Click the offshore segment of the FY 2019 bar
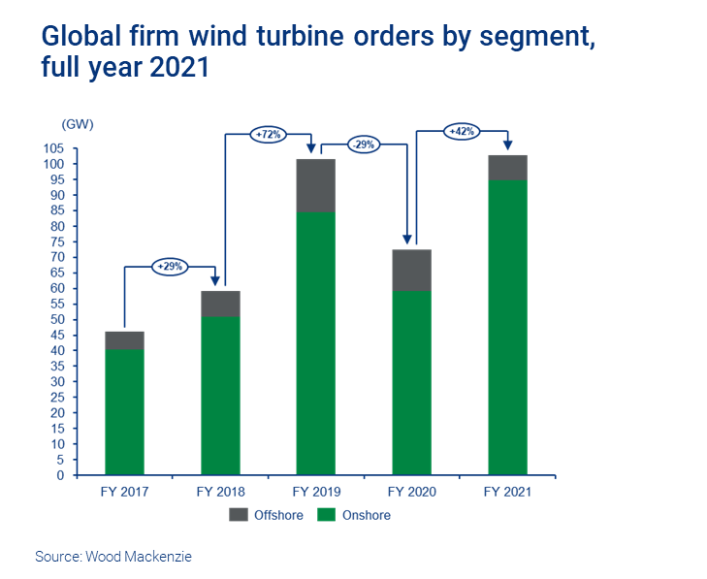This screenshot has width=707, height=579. (315, 185)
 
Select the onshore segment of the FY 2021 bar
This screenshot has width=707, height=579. (507, 327)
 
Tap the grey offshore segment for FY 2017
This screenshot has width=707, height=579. (124, 339)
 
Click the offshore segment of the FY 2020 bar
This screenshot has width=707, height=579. (411, 270)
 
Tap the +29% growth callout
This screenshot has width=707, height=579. (170, 266)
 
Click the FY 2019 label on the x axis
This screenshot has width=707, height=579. (315, 493)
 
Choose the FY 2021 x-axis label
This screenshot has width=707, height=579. (507, 493)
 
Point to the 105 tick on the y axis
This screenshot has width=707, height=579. (79, 148)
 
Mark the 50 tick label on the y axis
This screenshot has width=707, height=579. (82, 319)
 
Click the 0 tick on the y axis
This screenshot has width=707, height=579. (86, 475)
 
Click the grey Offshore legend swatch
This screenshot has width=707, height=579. (239, 515)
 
